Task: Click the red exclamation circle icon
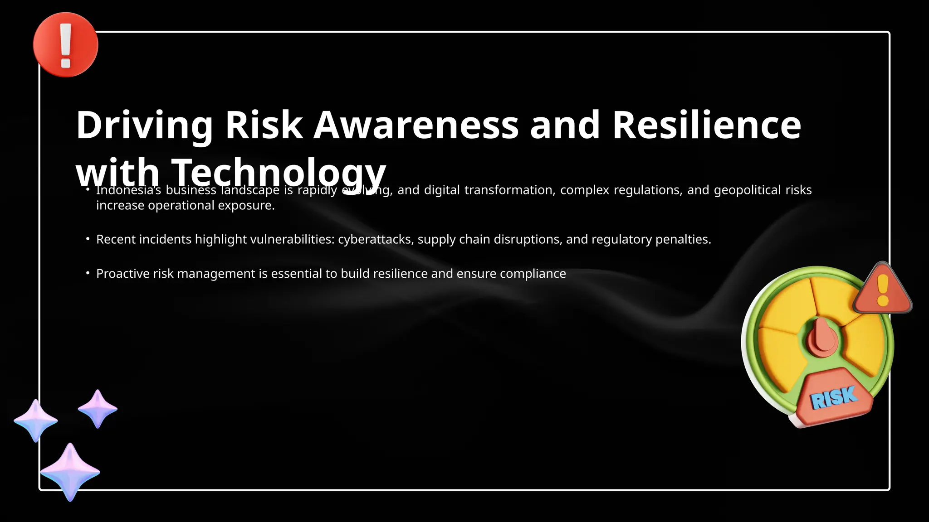click(65, 45)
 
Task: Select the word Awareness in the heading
click(416, 125)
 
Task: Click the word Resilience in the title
click(706, 125)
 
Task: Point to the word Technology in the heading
click(278, 173)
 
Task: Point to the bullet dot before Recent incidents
click(88, 238)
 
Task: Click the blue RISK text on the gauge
click(834, 397)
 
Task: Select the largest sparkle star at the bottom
click(70, 472)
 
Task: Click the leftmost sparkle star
click(35, 420)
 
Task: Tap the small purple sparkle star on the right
click(98, 409)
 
